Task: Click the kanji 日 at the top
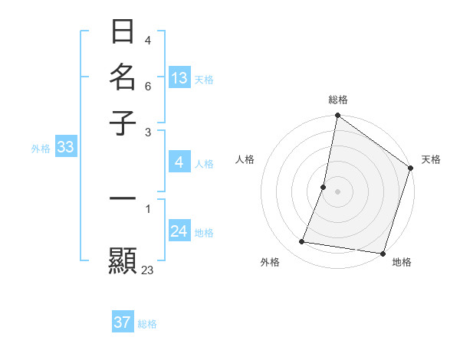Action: pos(123,32)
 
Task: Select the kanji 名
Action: pos(123,77)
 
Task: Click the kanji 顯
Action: pos(123,260)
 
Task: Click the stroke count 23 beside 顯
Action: pos(148,270)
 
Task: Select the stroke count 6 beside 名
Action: pos(148,86)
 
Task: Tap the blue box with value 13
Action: pos(179,78)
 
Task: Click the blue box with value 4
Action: pos(179,162)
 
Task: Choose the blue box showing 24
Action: pos(179,231)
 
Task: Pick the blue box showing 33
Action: pos(65,148)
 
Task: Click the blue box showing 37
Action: pos(123,322)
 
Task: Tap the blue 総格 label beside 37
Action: pos(147,324)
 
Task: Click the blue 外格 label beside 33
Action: pos(41,149)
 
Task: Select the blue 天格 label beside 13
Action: pos(204,79)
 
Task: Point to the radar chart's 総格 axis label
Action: pos(337,100)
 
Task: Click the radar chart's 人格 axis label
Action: pos(245,159)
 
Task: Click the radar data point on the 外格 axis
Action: pos(302,242)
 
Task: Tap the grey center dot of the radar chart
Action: pos(337,191)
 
